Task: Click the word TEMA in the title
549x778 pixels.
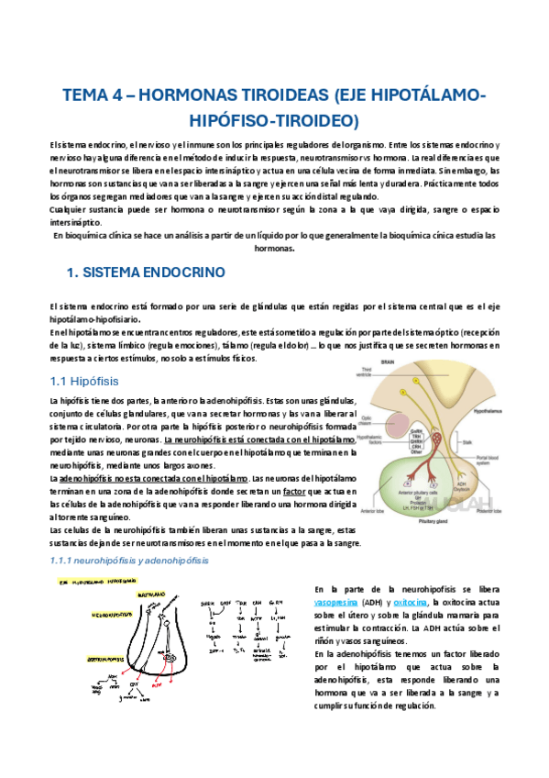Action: click(x=86, y=95)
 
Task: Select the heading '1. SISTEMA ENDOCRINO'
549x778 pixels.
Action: click(x=148, y=273)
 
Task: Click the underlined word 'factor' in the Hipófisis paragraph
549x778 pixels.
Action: click(x=294, y=492)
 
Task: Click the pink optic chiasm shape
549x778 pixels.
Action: click(x=390, y=429)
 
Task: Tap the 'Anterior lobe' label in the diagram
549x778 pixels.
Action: click(x=372, y=536)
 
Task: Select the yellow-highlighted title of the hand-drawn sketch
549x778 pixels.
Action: click(x=92, y=582)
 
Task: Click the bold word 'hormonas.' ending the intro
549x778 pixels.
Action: click(x=274, y=248)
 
